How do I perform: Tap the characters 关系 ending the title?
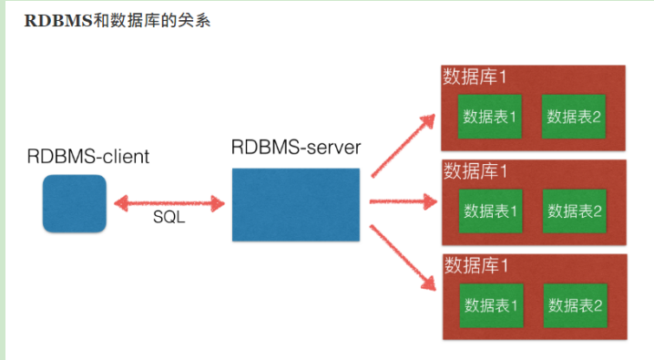click(x=194, y=19)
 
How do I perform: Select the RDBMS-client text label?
click(x=87, y=157)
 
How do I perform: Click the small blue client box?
click(x=75, y=202)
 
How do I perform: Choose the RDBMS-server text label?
click(x=296, y=146)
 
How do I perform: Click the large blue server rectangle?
click(x=297, y=202)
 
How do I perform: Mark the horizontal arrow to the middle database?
click(x=402, y=201)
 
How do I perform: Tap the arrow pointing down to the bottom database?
click(x=400, y=260)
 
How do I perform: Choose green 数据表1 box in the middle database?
click(x=491, y=211)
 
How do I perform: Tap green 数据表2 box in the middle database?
click(x=574, y=211)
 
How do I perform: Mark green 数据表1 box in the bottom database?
click(x=491, y=305)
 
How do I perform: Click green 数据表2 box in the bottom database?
click(x=575, y=305)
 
